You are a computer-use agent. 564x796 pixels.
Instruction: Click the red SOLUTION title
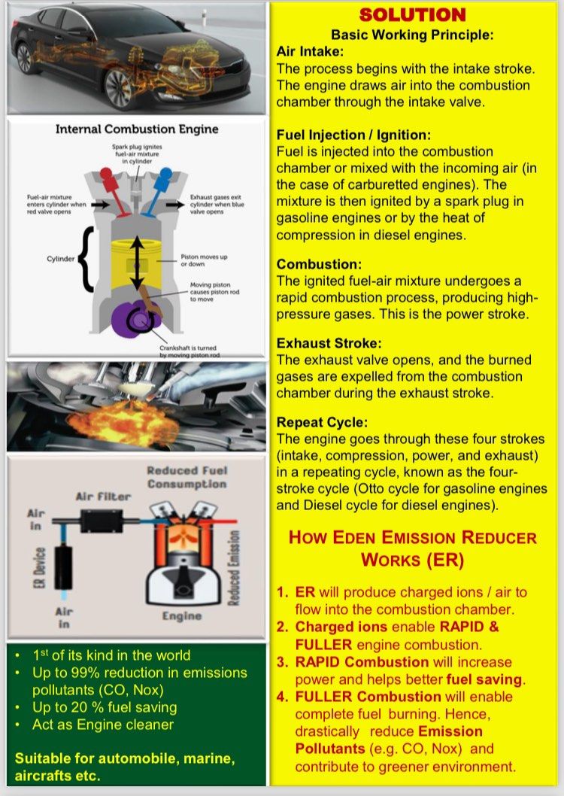[412, 14]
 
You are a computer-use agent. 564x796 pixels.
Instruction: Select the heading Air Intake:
[310, 51]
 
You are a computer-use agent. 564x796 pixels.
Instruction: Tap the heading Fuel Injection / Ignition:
[353, 135]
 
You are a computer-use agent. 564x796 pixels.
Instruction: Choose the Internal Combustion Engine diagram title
[137, 129]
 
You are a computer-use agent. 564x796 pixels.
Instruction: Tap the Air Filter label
[102, 497]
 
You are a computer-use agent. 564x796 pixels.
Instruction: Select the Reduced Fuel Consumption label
[186, 477]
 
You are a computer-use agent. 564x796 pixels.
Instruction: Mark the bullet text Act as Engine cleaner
[102, 725]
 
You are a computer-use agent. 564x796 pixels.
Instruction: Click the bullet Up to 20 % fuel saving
[105, 707]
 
